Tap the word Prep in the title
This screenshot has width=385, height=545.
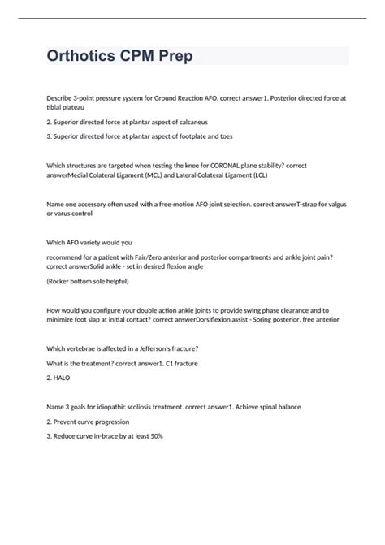[x=172, y=58]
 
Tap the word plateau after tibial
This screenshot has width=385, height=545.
[x=84, y=106]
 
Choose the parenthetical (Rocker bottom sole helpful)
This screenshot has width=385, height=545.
[x=88, y=280]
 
